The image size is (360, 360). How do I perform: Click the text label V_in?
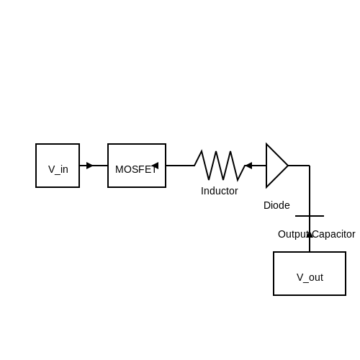pos(58,170)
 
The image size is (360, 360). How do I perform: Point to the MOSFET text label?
pos(136,169)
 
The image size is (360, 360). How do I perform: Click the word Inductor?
pos(220,191)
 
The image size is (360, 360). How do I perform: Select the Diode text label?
pos(276,205)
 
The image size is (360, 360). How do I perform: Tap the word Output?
pos(293,234)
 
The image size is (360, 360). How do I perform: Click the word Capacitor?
pos(334,234)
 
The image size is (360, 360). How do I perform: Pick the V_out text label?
pos(310,278)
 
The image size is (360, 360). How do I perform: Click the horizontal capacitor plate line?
pos(310,216)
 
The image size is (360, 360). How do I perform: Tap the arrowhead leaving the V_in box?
pos(89,166)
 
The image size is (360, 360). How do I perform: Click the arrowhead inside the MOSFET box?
pos(155,166)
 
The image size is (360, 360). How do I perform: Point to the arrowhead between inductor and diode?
pos(248,166)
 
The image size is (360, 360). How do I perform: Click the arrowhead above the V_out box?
pos(310,235)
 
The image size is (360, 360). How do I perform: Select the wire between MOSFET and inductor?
pos(180,166)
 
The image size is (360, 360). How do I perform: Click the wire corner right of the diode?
pos(310,166)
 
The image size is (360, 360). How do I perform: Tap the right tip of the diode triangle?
pos(288,166)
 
